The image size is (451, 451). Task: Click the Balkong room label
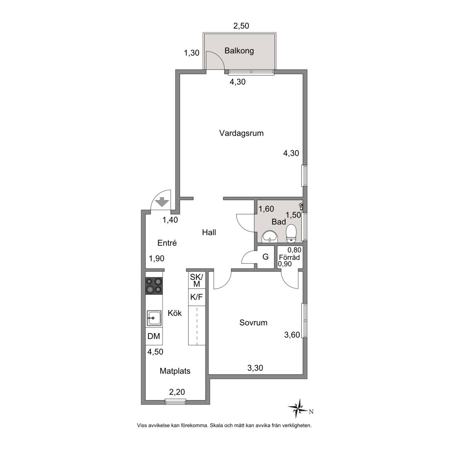click(239, 51)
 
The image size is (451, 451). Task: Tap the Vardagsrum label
click(241, 133)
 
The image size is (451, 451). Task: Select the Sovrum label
click(253, 323)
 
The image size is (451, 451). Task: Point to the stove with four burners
click(154, 286)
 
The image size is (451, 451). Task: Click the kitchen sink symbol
click(154, 318)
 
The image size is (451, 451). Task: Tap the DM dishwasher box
click(154, 336)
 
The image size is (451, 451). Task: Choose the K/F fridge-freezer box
click(197, 297)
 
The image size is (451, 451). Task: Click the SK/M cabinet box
click(197, 280)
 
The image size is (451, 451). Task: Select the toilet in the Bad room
click(291, 233)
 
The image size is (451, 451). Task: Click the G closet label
click(265, 256)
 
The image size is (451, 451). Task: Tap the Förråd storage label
click(289, 257)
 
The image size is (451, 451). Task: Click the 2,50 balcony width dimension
click(241, 26)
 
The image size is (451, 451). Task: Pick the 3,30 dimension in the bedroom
click(255, 368)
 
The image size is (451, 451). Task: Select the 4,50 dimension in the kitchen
click(155, 352)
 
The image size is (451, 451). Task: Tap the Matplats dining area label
click(175, 371)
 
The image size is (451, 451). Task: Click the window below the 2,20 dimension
click(176, 402)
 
